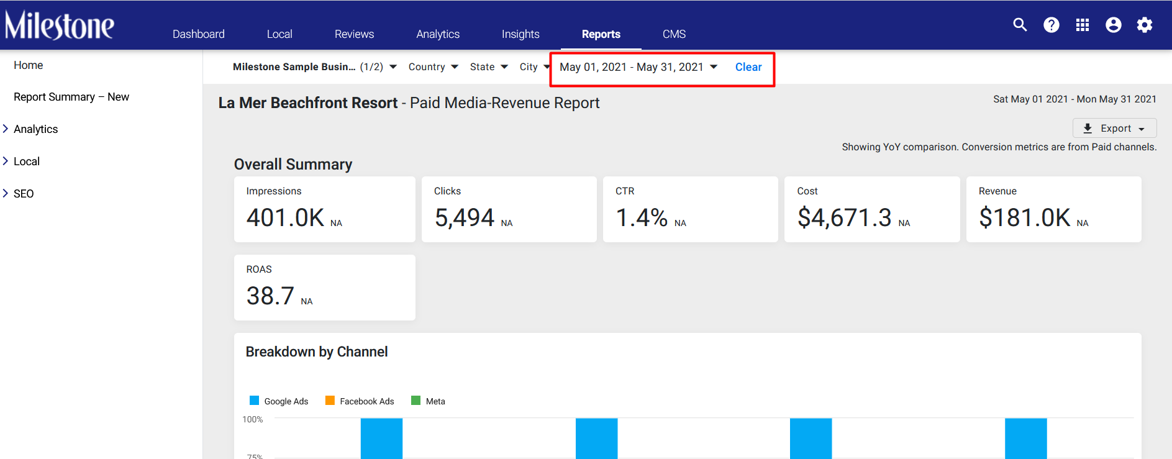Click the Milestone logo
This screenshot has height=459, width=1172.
pyautogui.click(x=60, y=25)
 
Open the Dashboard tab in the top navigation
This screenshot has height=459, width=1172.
pyautogui.click(x=199, y=34)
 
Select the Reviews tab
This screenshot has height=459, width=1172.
pyautogui.click(x=354, y=34)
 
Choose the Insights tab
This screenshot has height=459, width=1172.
pyautogui.click(x=520, y=34)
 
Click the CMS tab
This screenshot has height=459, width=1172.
pyautogui.click(x=674, y=34)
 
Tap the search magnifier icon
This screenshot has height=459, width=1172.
pyautogui.click(x=1020, y=25)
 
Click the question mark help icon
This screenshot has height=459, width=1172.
pyautogui.click(x=1052, y=25)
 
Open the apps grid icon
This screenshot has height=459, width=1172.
pyautogui.click(x=1083, y=25)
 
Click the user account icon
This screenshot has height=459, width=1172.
pyautogui.click(x=1114, y=25)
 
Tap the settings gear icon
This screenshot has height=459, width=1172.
pyautogui.click(x=1145, y=25)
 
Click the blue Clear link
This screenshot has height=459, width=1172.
pyautogui.click(x=748, y=67)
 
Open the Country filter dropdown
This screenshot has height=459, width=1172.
pyautogui.click(x=434, y=67)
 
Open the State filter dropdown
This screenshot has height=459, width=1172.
pyautogui.click(x=489, y=67)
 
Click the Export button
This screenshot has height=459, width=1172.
pyautogui.click(x=1115, y=128)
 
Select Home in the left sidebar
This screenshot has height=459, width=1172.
pyautogui.click(x=29, y=65)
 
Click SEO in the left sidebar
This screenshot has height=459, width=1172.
pyautogui.click(x=24, y=194)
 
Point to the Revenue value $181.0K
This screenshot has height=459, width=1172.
pyautogui.click(x=1025, y=218)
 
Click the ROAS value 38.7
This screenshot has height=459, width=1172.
pyautogui.click(x=270, y=296)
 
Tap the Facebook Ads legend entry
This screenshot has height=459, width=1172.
pyautogui.click(x=360, y=401)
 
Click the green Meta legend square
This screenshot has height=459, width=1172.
pyautogui.click(x=416, y=401)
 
